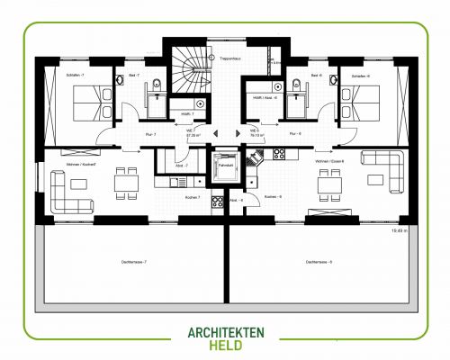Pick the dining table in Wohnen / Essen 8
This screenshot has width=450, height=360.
click(330, 183)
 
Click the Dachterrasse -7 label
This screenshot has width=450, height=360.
click(133, 262)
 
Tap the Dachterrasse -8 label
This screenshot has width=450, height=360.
click(319, 262)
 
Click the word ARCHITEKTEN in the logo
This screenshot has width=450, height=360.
click(224, 333)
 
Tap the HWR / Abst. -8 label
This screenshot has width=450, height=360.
click(261, 97)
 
